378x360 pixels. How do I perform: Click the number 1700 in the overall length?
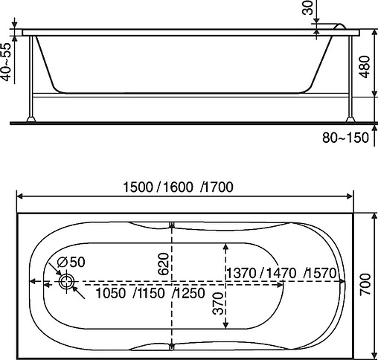tap(217, 187)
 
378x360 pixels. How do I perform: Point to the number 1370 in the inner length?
tap(242, 273)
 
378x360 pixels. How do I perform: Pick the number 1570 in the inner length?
tap(321, 273)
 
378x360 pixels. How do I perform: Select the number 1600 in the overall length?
tap(176, 187)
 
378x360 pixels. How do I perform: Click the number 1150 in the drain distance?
tap(149, 294)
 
